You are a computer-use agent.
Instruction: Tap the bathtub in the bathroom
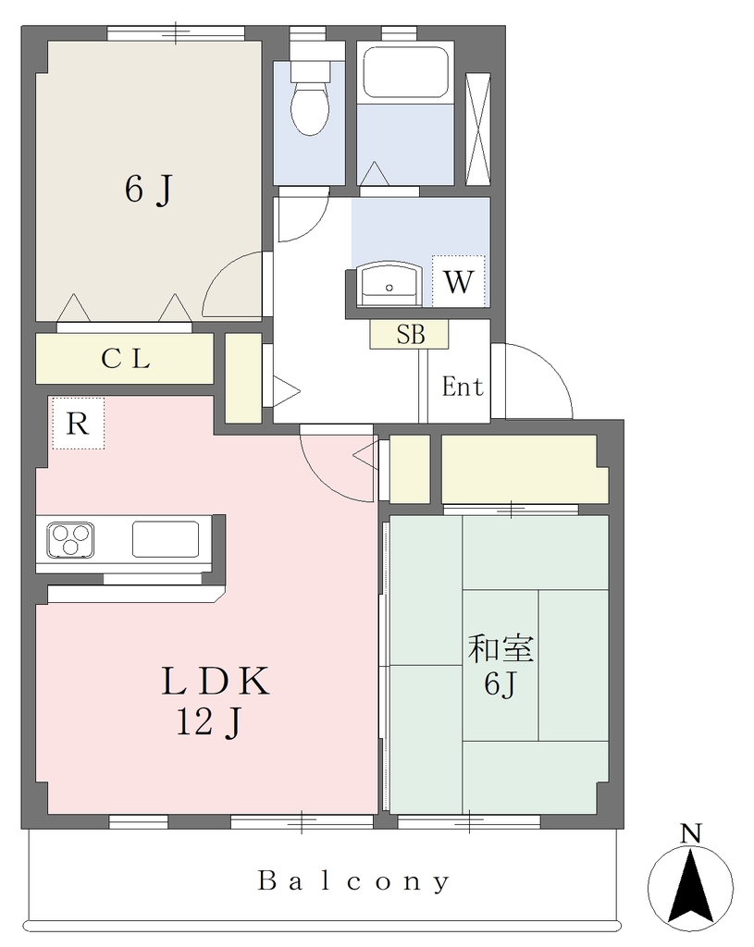coord(405,72)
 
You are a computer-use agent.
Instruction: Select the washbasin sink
coord(389,285)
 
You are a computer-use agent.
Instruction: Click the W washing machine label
coord(459,281)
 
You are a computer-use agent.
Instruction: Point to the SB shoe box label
coord(410,334)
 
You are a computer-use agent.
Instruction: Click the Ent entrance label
coord(463,387)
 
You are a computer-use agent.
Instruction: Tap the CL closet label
coord(125,359)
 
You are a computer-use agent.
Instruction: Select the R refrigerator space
coord(78,423)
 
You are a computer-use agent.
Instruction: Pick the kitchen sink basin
coord(166,539)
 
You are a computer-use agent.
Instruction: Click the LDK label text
coord(215,681)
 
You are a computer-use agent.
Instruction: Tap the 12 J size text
coord(209,721)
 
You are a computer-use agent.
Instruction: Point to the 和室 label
coord(501,648)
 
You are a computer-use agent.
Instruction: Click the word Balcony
coord(354,881)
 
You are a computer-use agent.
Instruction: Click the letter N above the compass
coord(690,834)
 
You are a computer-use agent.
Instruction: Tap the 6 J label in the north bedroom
coord(149,189)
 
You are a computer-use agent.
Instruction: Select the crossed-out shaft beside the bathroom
coord(478,129)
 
